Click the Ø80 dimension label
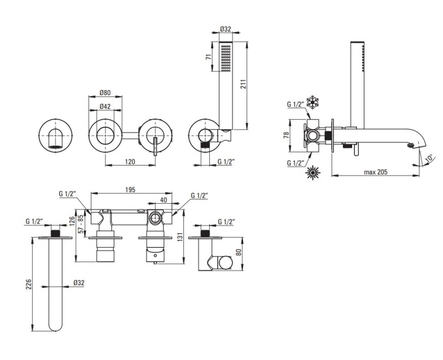[x=105, y=92]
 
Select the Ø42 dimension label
[x=105, y=106]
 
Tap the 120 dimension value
[x=130, y=162]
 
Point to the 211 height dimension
[x=244, y=84]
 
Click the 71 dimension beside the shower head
[x=209, y=57]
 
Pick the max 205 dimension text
[x=375, y=172]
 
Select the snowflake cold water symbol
[x=313, y=102]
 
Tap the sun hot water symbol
[x=313, y=173]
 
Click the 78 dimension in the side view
[x=286, y=136]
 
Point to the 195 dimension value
[x=130, y=189]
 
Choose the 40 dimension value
[x=163, y=200]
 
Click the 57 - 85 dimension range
[x=81, y=224]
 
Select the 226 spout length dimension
[x=29, y=284]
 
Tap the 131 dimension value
[x=181, y=236]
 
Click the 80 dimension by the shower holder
[x=239, y=252]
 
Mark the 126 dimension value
[x=73, y=222]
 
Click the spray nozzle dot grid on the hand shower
[x=226, y=58]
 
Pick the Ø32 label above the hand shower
[x=226, y=29]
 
